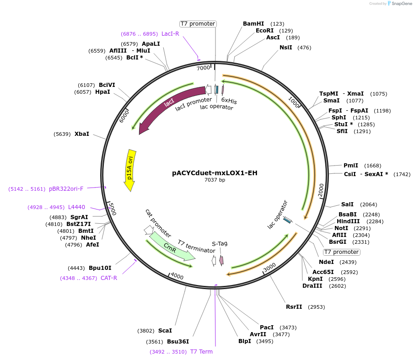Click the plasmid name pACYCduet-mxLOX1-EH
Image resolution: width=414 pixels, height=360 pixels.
(215, 173)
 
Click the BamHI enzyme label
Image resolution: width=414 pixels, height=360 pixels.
(253, 23)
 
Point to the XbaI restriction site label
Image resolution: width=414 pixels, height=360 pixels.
(82, 134)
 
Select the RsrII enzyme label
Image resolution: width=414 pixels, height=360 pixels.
(294, 306)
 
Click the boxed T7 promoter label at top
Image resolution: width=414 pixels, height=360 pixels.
(198, 24)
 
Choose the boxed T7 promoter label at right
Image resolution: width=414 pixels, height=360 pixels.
(341, 252)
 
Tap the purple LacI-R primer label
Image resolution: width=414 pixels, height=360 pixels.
(170, 34)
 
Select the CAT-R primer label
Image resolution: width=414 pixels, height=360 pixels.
(109, 278)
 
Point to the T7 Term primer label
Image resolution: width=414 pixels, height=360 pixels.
(201, 352)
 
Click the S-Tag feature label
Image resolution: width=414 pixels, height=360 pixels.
(220, 243)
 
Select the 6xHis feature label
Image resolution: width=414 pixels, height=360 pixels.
(229, 99)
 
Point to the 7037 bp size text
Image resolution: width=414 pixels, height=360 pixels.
(215, 180)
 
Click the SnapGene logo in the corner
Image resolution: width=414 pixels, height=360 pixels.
(398, 4)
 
